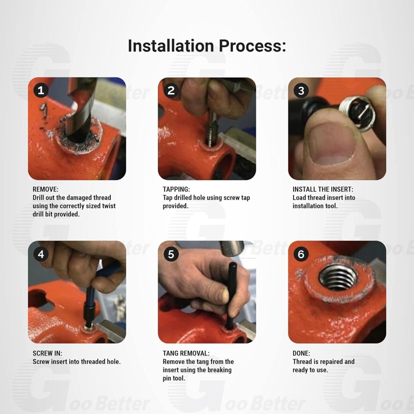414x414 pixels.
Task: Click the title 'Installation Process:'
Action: pyautogui.click(x=207, y=46)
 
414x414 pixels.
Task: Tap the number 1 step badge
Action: pyautogui.click(x=41, y=90)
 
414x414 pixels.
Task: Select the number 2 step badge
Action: pyautogui.click(x=171, y=90)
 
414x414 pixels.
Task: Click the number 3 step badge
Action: pyautogui.click(x=301, y=90)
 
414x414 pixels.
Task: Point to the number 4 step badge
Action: pyautogui.click(x=41, y=254)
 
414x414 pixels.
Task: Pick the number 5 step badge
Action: pyautogui.click(x=171, y=254)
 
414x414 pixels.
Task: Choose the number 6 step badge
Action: pyautogui.click(x=301, y=254)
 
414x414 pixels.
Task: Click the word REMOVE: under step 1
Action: pyautogui.click(x=45, y=189)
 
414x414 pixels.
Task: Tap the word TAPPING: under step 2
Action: pyautogui.click(x=176, y=189)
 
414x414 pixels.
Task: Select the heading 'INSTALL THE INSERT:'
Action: pyautogui.click(x=323, y=189)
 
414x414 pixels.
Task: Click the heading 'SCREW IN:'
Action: pyautogui.click(x=47, y=353)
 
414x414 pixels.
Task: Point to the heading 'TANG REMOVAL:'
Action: pyautogui.click(x=186, y=353)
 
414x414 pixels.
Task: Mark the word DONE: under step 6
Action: pyautogui.click(x=301, y=353)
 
